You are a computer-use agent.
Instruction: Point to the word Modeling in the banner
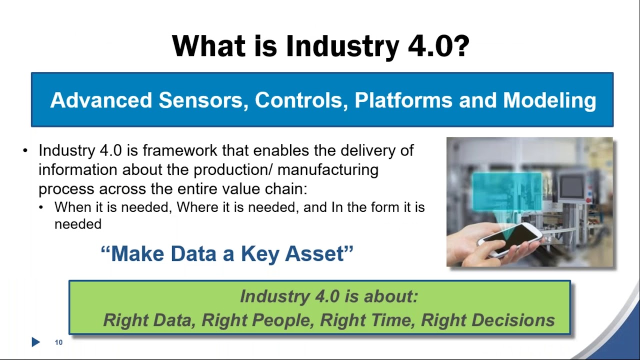pyautogui.click(x=549, y=100)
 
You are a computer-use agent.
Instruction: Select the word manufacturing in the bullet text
pyautogui.click(x=327, y=170)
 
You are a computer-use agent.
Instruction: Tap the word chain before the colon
pyautogui.click(x=285, y=189)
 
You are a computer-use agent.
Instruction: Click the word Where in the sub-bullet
pyautogui.click(x=197, y=207)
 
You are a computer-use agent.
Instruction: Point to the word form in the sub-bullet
pyautogui.click(x=384, y=207)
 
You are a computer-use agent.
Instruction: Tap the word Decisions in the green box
pyautogui.click(x=513, y=320)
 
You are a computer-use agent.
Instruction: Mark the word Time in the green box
pyautogui.click(x=392, y=320)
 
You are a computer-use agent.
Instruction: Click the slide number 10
pyautogui.click(x=58, y=342)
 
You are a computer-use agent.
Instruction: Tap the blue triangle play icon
pyautogui.click(x=35, y=342)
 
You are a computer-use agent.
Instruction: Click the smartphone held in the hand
pyautogui.click(x=510, y=238)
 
